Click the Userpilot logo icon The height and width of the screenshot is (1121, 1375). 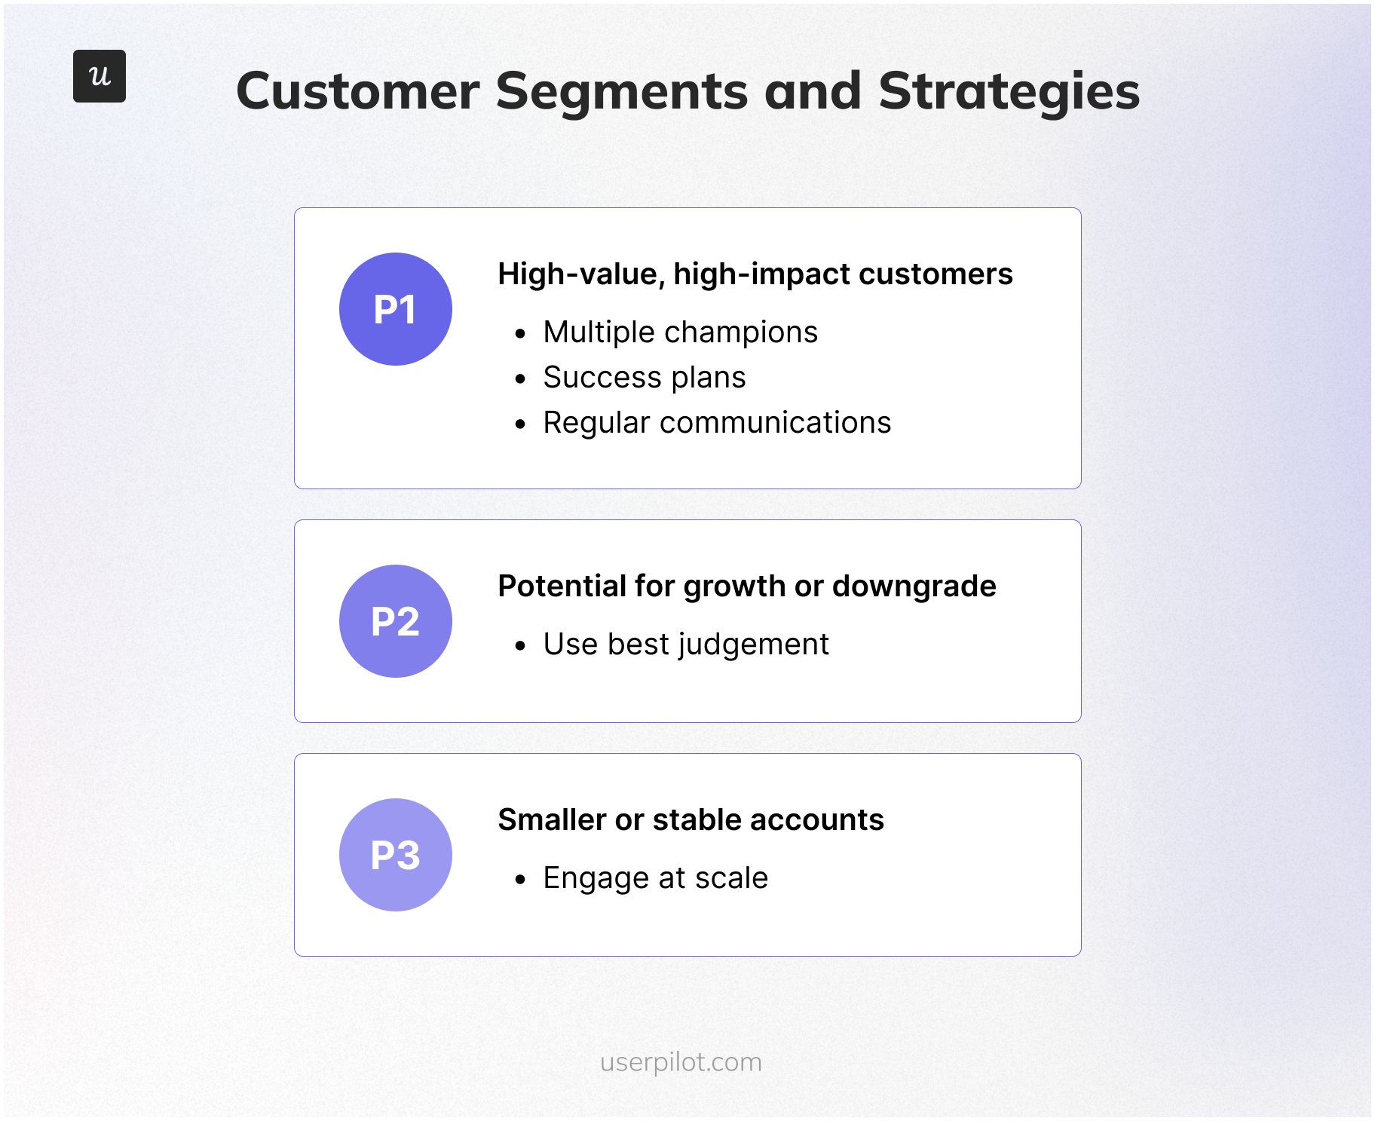pyautogui.click(x=100, y=76)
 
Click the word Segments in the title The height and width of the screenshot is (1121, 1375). pyautogui.click(x=623, y=92)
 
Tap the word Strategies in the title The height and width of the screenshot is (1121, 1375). pyautogui.click(x=1009, y=92)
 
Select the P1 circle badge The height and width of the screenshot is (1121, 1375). pyautogui.click(x=396, y=309)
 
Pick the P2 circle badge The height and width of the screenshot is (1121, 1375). pyautogui.click(x=396, y=621)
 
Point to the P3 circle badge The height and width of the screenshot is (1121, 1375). pyautogui.click(x=396, y=855)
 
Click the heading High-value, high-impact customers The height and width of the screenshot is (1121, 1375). pyautogui.click(x=755, y=274)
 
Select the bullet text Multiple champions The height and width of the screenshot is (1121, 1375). pyautogui.click(x=681, y=332)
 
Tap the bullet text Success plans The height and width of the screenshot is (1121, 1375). pyautogui.click(x=645, y=377)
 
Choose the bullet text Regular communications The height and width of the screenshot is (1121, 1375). pyautogui.click(x=717, y=423)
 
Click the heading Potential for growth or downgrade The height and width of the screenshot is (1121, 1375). pyautogui.click(x=747, y=587)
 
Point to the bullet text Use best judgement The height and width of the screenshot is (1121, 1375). pyautogui.click(x=686, y=645)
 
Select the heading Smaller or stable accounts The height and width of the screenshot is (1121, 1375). pyautogui.click(x=691, y=819)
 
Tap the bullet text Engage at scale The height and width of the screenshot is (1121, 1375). pyautogui.click(x=656, y=878)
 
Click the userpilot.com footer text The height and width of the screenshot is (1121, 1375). pyautogui.click(x=681, y=1062)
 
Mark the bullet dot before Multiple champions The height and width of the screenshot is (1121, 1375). pyautogui.click(x=520, y=334)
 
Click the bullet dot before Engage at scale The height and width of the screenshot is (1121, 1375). pyautogui.click(x=520, y=880)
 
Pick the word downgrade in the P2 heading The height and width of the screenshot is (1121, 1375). pyautogui.click(x=914, y=587)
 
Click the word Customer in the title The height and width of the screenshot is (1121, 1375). pyautogui.click(x=358, y=92)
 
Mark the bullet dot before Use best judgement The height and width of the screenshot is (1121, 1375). pyautogui.click(x=520, y=646)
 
